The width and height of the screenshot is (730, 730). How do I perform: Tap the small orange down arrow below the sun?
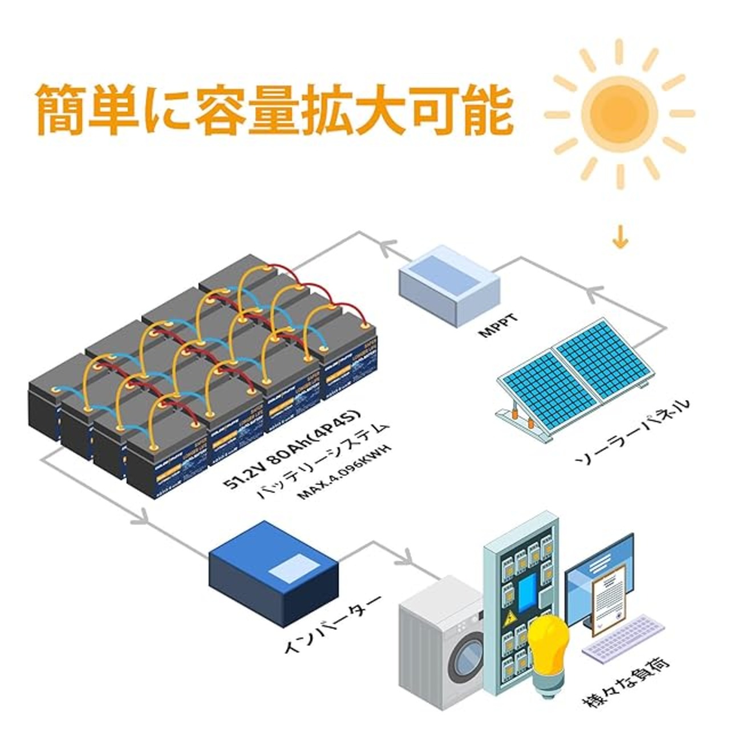coord(620,240)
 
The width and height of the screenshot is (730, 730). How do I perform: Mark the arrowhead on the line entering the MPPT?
coord(592,294)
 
